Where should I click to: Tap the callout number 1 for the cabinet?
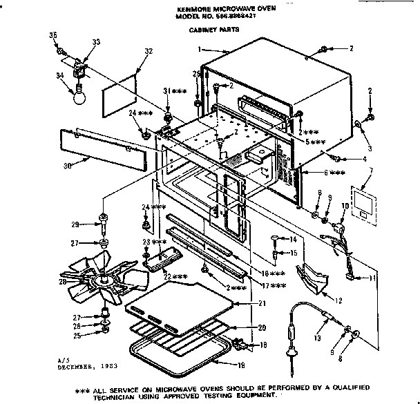(x=200, y=49)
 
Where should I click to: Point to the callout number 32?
(x=149, y=52)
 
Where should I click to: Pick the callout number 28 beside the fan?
(x=63, y=281)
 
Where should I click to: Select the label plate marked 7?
(x=364, y=203)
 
